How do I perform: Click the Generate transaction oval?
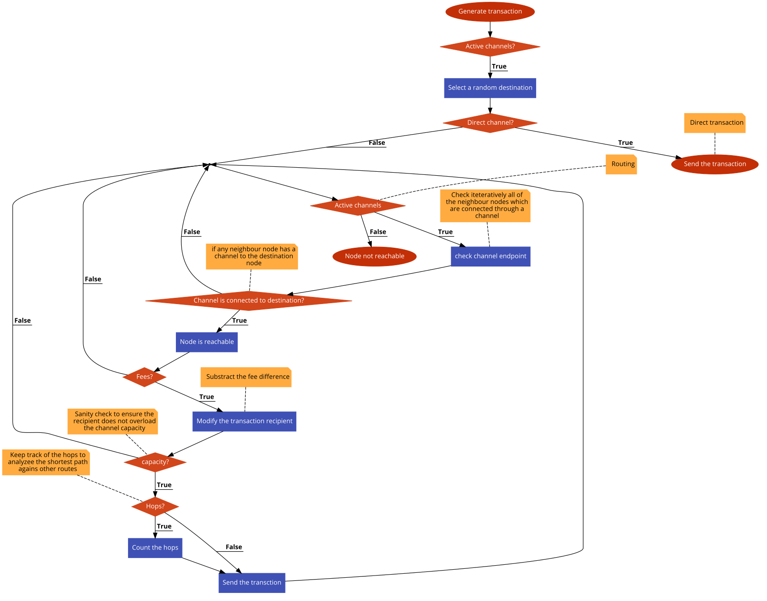[490, 12]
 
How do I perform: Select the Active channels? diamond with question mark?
[490, 47]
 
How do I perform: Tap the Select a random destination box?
[490, 88]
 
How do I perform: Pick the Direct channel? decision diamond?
[490, 123]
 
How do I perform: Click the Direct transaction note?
[715, 123]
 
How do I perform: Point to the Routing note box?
[621, 164]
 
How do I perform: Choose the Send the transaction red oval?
[715, 164]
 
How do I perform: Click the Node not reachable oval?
[375, 256]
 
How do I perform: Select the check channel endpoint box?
[490, 256]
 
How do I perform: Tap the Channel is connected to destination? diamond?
[249, 300]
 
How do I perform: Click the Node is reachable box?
[207, 342]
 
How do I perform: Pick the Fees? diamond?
[145, 377]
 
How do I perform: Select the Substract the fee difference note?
[246, 377]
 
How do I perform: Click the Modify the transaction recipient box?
[244, 421]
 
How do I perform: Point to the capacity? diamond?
[155, 462]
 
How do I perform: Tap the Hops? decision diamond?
[155, 506]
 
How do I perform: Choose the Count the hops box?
[155, 548]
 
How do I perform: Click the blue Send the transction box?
[252, 583]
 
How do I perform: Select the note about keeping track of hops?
[46, 462]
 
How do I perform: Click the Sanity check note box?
[112, 421]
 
